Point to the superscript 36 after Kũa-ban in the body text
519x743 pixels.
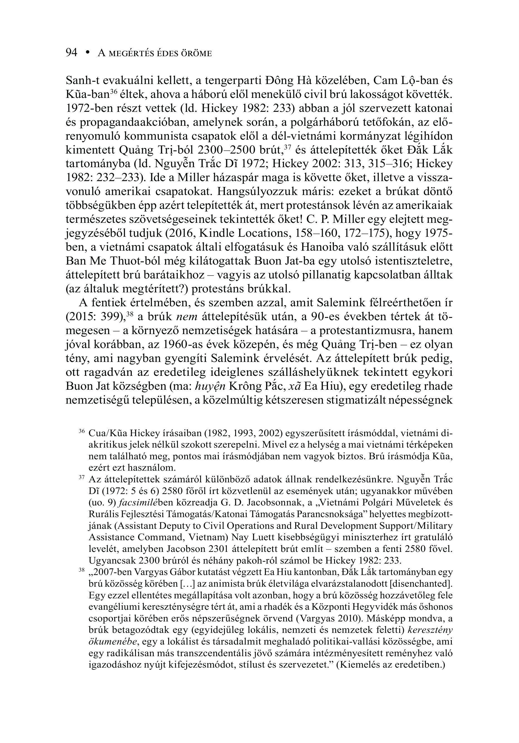tap(113, 91)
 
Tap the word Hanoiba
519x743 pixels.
tap(321, 247)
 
